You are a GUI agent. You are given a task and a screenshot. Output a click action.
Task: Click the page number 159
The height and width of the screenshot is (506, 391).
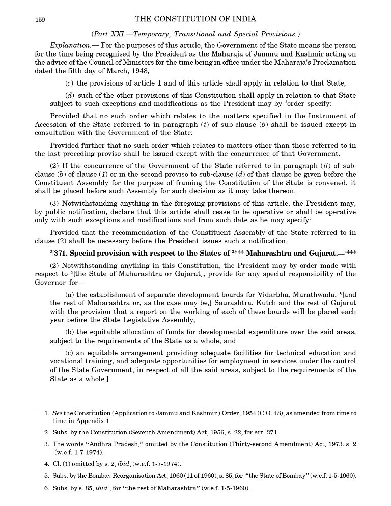click(40, 20)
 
